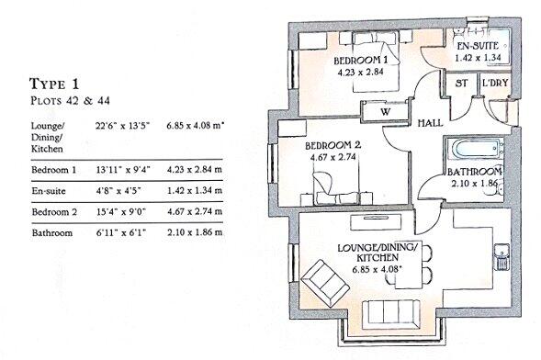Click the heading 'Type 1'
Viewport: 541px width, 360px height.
(56, 84)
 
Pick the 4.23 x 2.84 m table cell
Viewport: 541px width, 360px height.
(197, 172)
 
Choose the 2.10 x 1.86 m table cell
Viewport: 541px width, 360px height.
(197, 235)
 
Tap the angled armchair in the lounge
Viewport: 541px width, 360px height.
(322, 277)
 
